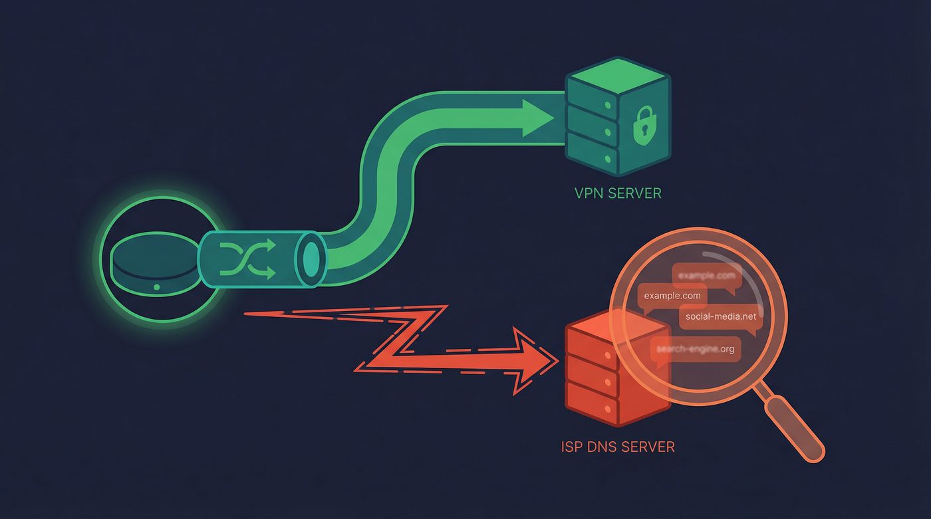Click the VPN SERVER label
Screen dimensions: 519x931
[618, 194]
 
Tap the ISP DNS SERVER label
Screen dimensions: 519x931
[618, 446]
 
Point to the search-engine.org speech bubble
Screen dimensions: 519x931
[695, 350]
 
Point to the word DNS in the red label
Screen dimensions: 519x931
[602, 446]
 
